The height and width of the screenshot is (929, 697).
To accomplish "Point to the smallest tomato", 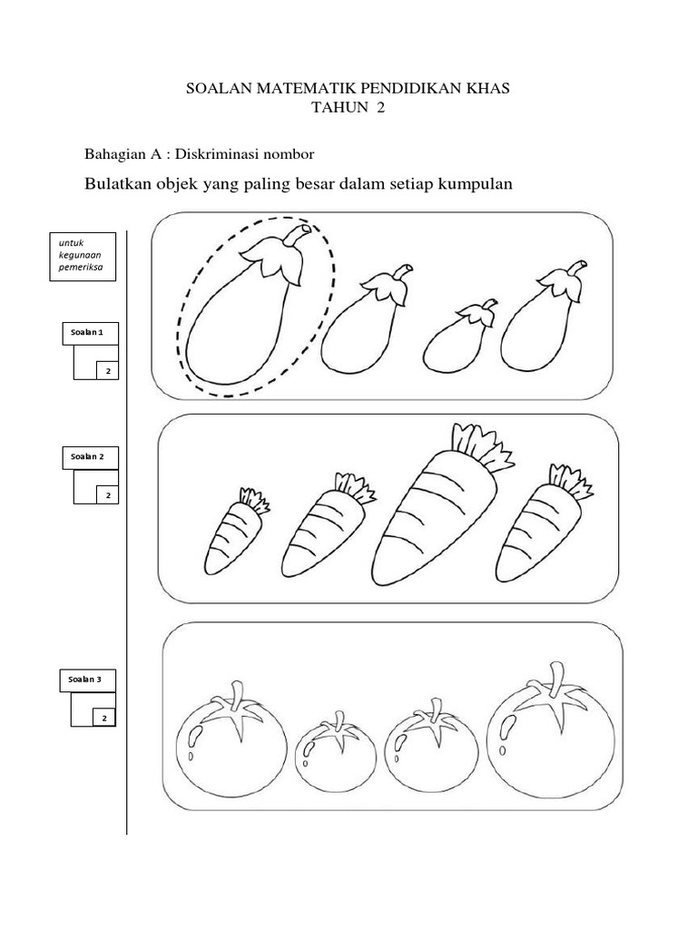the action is point(336,752).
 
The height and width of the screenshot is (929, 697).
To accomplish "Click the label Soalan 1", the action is point(87,332).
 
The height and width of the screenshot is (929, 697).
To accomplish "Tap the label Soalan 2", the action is point(87,457).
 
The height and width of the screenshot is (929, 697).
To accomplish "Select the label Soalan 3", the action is point(84,680).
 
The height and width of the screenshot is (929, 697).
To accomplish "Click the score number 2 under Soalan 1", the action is point(109,371).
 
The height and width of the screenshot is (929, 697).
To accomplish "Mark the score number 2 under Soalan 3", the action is point(104,719).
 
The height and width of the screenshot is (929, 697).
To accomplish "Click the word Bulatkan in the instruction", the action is point(118,183).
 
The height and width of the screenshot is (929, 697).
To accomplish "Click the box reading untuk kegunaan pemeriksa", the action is point(83,256).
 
